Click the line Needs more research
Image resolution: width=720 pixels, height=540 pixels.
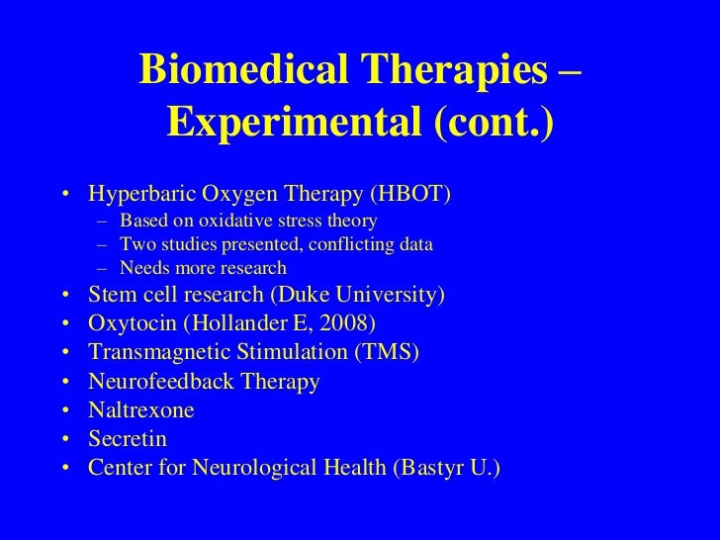coord(202,268)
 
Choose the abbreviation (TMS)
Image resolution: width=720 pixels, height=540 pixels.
coord(388,352)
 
